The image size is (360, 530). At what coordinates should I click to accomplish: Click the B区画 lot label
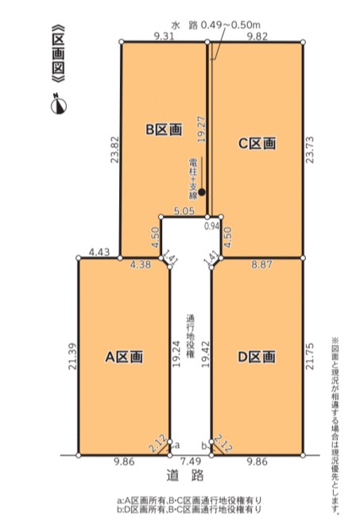pos(164,129)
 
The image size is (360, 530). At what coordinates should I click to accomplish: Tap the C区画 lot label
pos(257,143)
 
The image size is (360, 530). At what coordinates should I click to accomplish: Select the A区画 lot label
pos(124,357)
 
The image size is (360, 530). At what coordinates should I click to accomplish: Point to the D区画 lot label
pos(257,357)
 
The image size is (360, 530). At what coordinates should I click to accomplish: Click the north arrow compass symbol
pos(59,104)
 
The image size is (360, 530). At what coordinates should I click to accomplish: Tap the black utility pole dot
pos(202,192)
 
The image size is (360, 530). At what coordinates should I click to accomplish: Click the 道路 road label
pos(185,475)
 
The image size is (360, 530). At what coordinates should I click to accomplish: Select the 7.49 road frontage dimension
pos(190,461)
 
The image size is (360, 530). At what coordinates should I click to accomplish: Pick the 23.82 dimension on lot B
pos(115,149)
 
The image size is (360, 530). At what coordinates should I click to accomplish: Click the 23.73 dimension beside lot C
pos(310,149)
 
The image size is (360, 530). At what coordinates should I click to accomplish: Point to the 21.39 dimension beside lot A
pos(72,356)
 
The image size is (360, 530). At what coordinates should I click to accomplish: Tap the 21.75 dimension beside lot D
pos(310,356)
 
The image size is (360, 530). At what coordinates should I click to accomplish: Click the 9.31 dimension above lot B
pos(165,37)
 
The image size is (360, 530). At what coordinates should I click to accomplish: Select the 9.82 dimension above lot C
pos(257,37)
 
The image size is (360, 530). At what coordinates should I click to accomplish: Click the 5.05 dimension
pos(184,211)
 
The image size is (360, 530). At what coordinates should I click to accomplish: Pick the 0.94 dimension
pos(212,226)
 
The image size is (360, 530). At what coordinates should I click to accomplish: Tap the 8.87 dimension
pos(261,264)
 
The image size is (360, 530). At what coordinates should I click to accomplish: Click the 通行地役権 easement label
pos(190,336)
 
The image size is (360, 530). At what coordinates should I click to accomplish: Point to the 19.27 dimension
pos(202,130)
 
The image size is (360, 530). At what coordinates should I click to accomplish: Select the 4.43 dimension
pos(99,252)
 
